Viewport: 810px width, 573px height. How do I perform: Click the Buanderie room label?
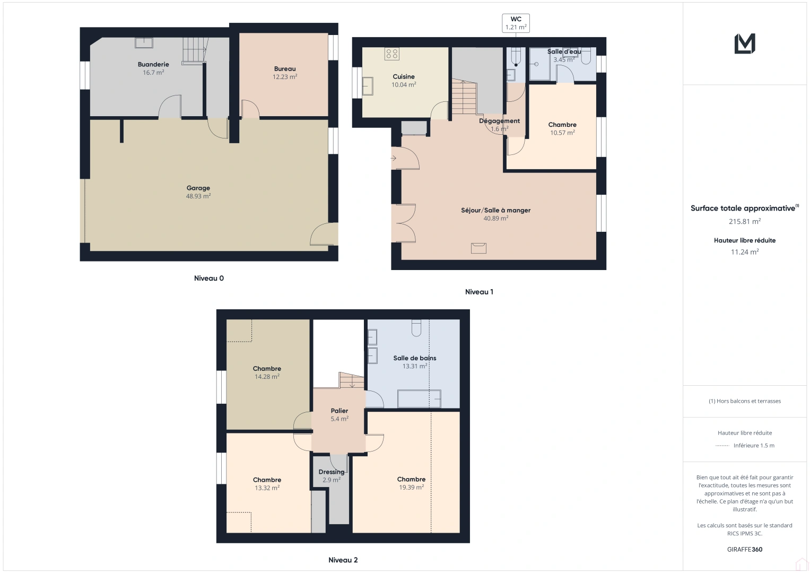point(153,65)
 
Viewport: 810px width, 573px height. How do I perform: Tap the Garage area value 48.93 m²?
point(198,196)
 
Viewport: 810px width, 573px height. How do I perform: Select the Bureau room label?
point(285,69)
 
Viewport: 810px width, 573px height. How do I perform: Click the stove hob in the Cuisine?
point(392,54)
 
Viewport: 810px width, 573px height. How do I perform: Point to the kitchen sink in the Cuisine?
point(368,85)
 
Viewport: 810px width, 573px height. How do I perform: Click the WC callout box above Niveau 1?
point(516,23)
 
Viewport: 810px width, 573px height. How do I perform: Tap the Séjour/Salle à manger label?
point(495,211)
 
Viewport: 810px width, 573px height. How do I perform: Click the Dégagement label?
point(499,121)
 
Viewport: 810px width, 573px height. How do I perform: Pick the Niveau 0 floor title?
point(209,279)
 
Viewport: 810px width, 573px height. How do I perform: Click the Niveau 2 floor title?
point(343,560)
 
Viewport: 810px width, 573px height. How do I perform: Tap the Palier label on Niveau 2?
point(339,411)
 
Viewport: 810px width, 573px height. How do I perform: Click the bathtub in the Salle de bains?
point(419,398)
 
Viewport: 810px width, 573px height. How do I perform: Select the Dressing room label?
point(332,472)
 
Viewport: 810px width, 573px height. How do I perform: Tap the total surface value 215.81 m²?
point(745,222)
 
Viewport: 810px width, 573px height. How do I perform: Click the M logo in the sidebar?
point(745,44)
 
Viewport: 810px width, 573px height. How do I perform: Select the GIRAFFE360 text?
point(745,550)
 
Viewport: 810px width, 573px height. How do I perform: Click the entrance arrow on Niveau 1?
point(394,158)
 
